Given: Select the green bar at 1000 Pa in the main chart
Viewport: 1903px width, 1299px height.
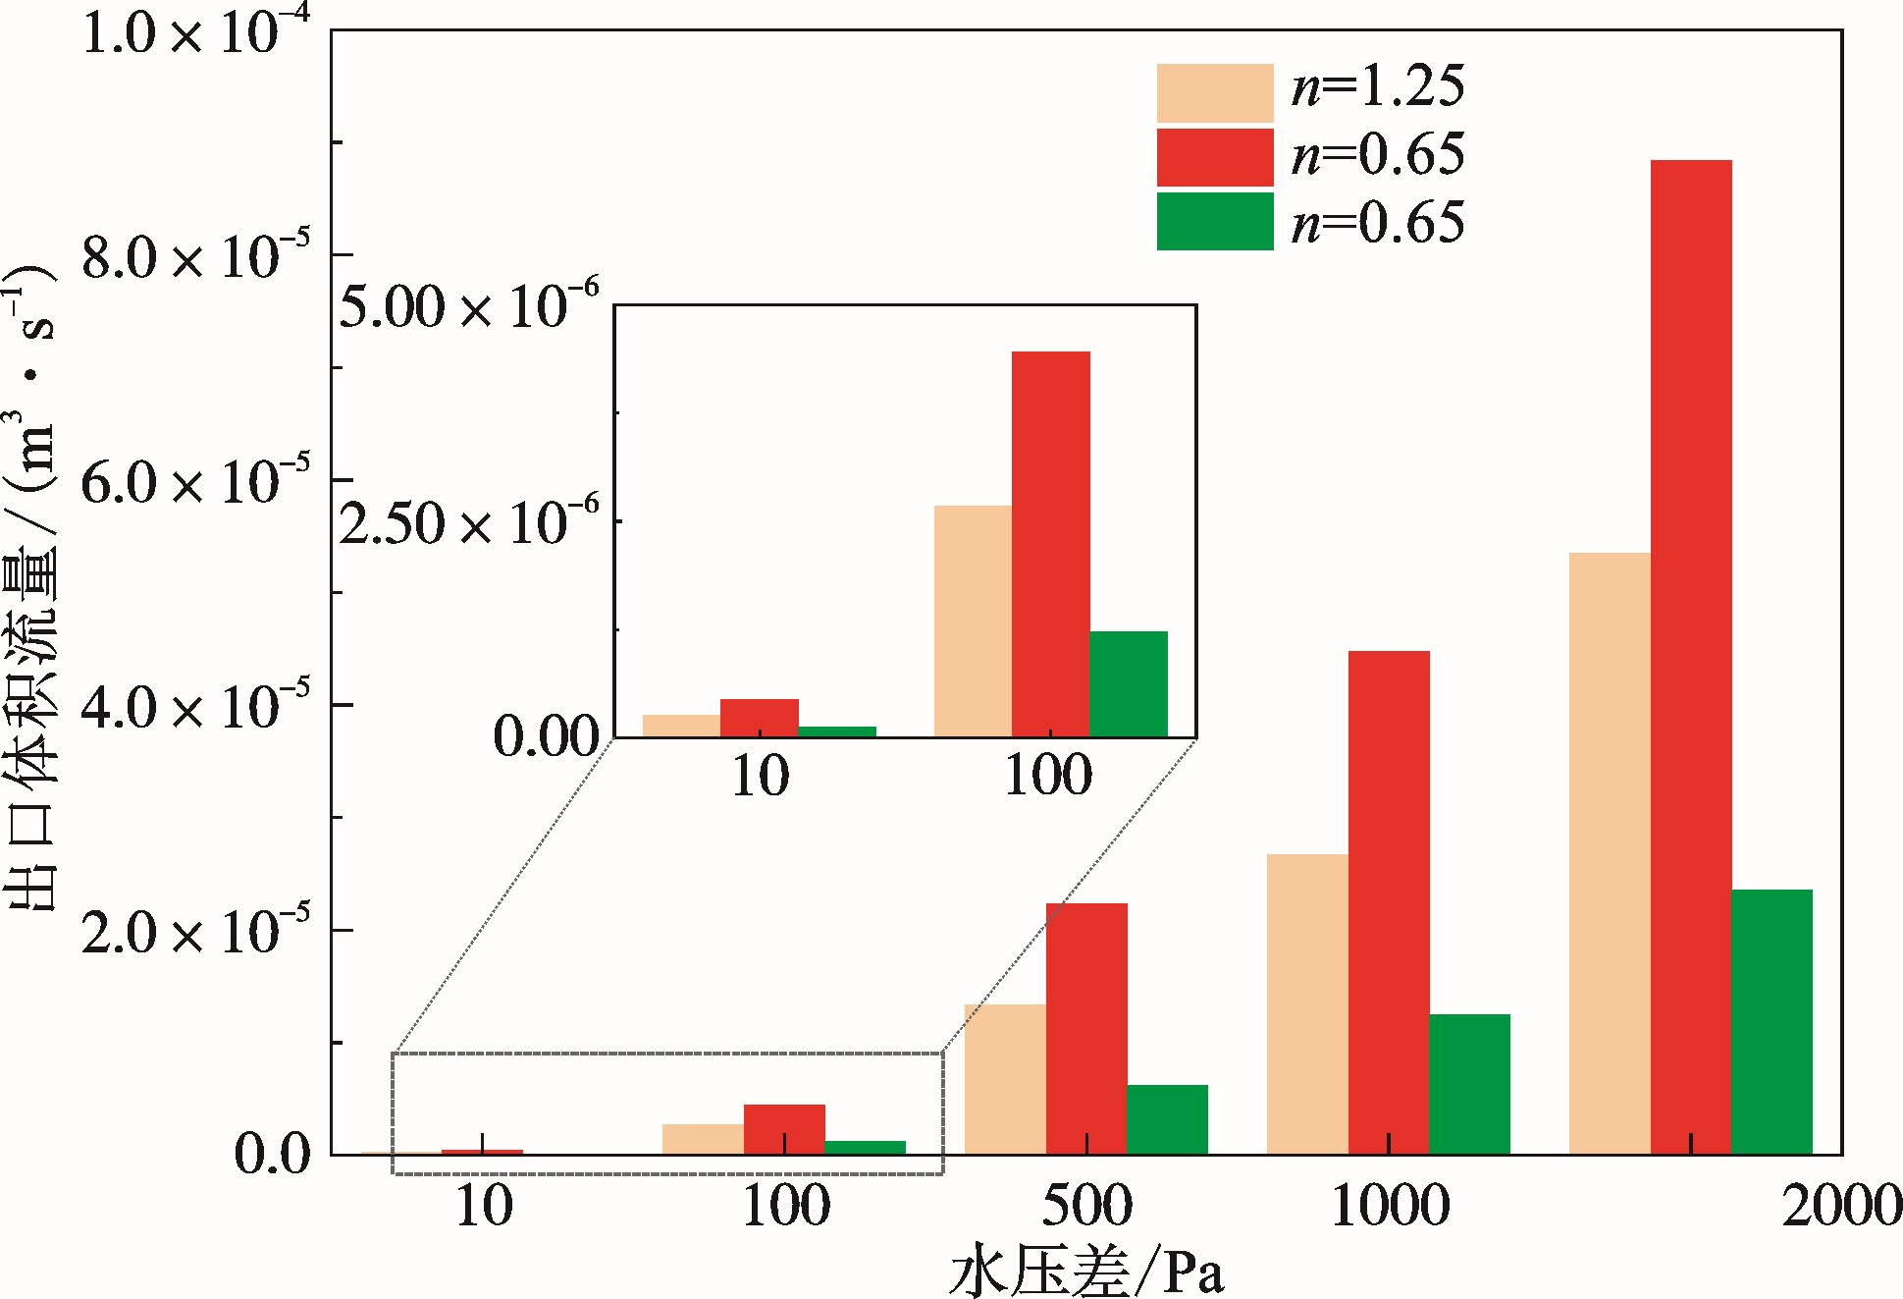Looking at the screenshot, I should pyautogui.click(x=1469, y=1084).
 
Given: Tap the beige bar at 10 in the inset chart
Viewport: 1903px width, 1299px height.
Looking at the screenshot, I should pyautogui.click(x=681, y=726).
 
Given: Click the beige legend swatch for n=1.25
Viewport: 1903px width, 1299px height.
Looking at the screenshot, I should pyautogui.click(x=1214, y=93).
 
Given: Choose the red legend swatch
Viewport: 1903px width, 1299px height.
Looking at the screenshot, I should pyautogui.click(x=1214, y=157).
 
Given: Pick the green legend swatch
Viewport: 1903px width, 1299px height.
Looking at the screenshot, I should pyautogui.click(x=1214, y=221).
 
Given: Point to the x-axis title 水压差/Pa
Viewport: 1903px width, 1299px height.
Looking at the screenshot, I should pyautogui.click(x=1086, y=1272).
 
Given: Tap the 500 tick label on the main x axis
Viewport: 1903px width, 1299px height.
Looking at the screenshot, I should pyautogui.click(x=1086, y=1206).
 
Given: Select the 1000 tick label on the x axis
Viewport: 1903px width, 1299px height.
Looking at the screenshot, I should pyautogui.click(x=1390, y=1206).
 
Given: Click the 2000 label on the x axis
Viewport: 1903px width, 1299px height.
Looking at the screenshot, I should pyautogui.click(x=1841, y=1206).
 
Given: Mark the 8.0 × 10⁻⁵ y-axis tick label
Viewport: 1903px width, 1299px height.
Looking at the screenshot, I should pyautogui.click(x=183, y=257).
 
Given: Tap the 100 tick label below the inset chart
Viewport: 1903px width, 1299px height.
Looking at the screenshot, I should pyautogui.click(x=1048, y=776).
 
